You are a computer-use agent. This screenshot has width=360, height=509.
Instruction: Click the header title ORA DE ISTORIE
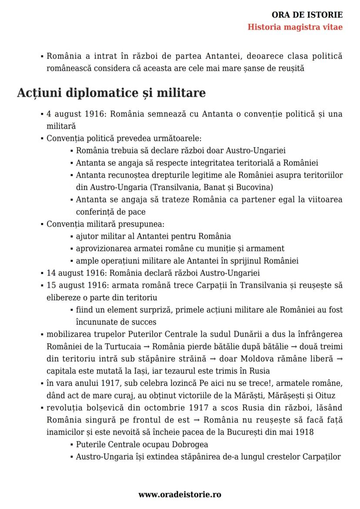pos(307,15)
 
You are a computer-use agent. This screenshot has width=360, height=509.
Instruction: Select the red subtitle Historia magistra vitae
pos(295,27)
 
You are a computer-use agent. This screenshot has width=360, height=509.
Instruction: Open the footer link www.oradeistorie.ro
pos(180,494)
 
